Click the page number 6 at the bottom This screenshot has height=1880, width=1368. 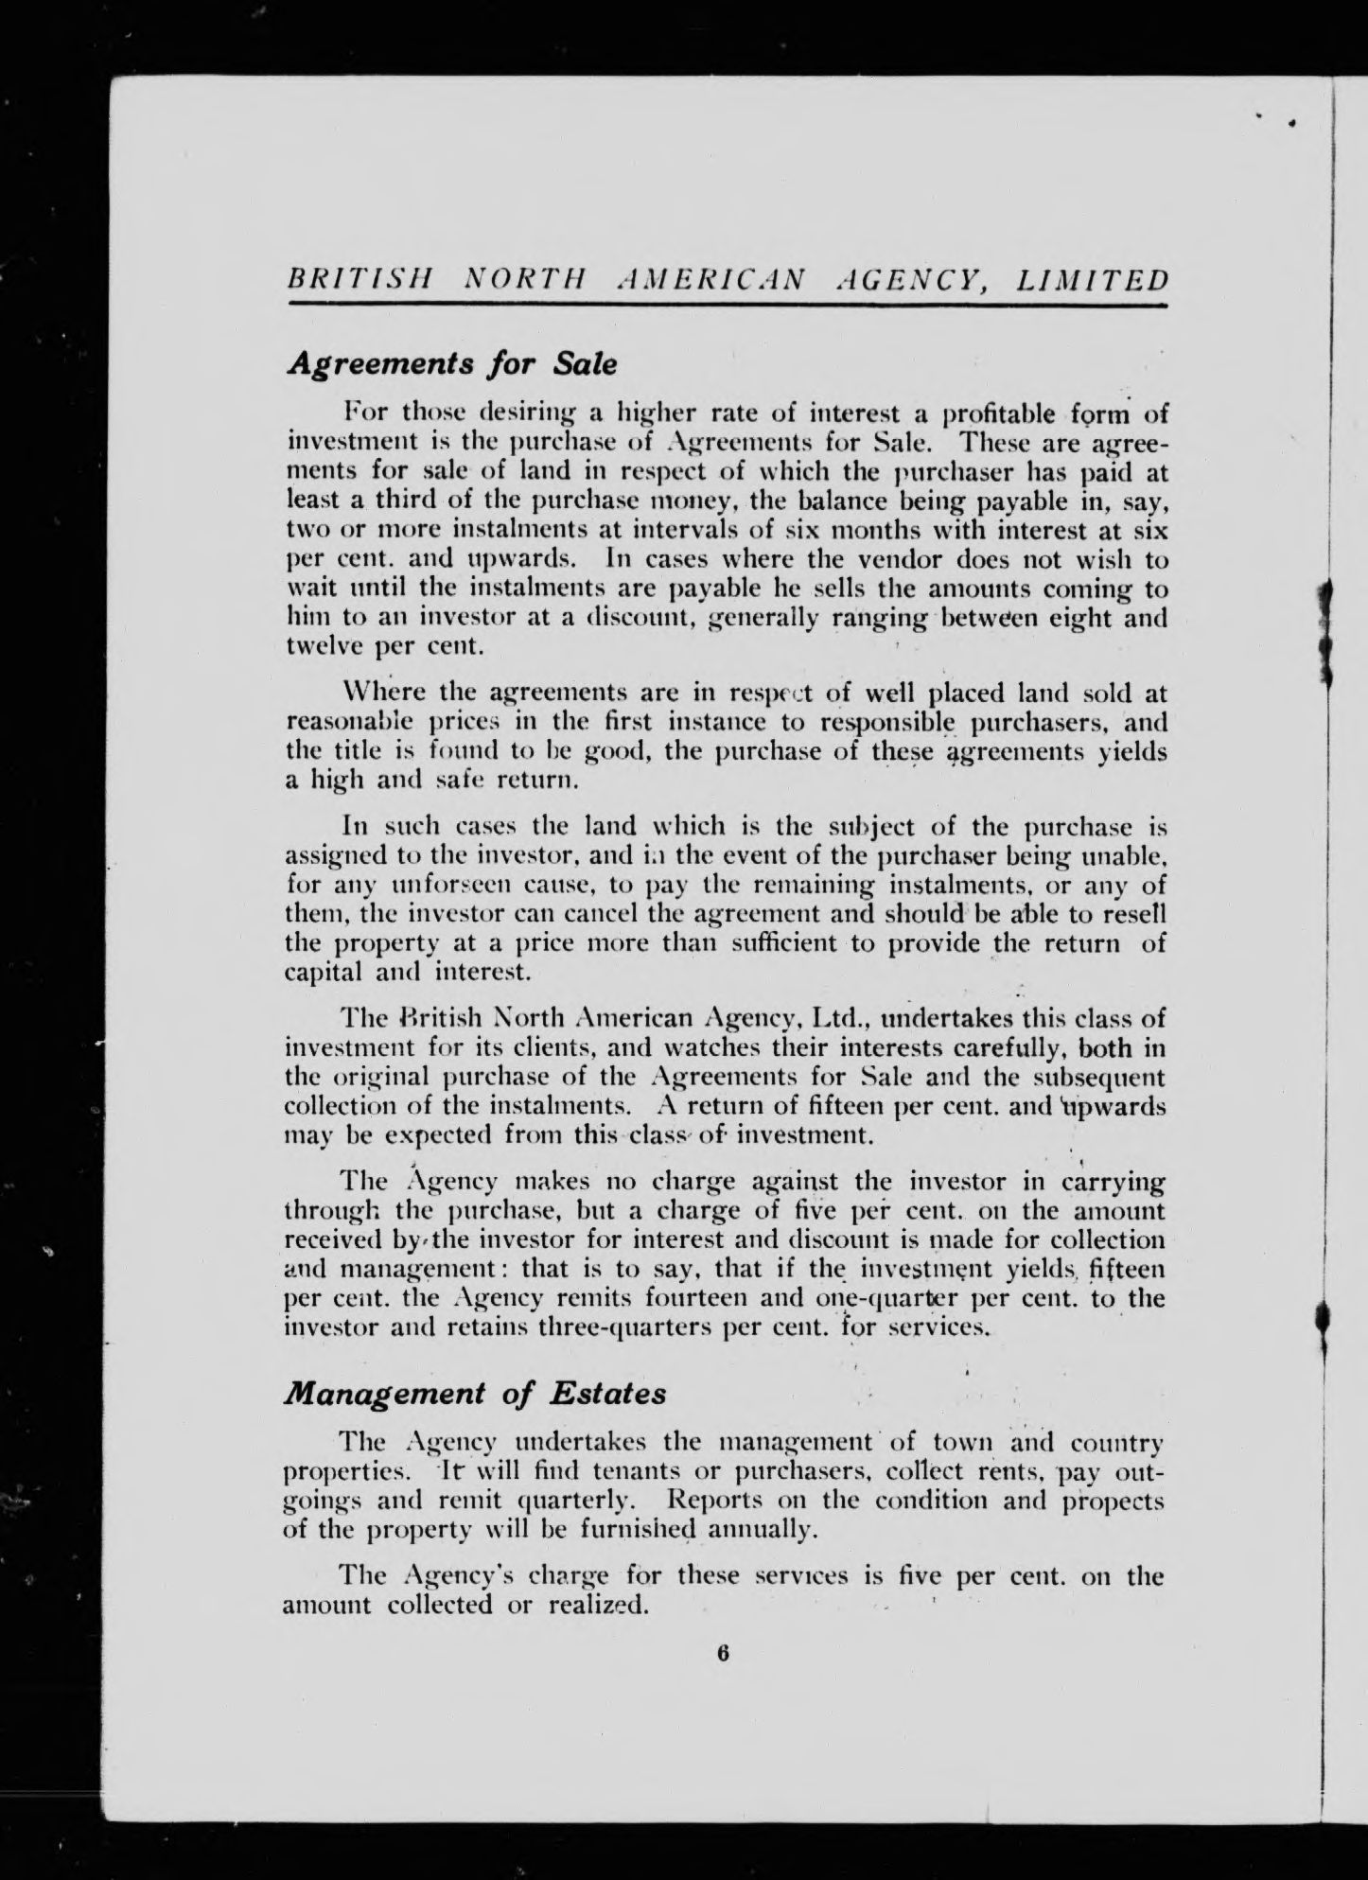point(723,1653)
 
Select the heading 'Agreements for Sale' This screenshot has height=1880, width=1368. point(451,364)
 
